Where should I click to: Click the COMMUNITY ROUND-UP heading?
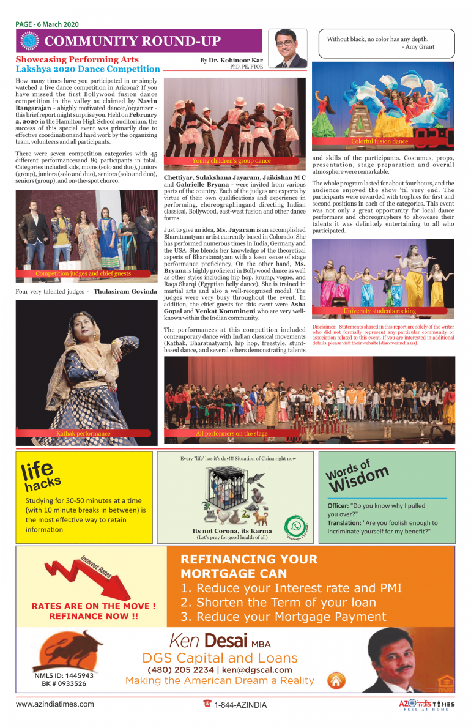(x=132, y=42)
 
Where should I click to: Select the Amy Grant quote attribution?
(x=418, y=47)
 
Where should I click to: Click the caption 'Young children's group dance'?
(x=231, y=161)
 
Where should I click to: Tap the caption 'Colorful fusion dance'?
(x=379, y=141)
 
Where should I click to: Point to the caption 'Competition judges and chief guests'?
(x=83, y=273)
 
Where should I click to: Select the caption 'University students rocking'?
(x=380, y=311)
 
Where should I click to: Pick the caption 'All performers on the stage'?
(x=231, y=433)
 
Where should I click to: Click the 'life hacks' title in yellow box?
(x=42, y=476)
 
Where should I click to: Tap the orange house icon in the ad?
(x=336, y=680)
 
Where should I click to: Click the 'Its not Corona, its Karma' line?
(x=232, y=530)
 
